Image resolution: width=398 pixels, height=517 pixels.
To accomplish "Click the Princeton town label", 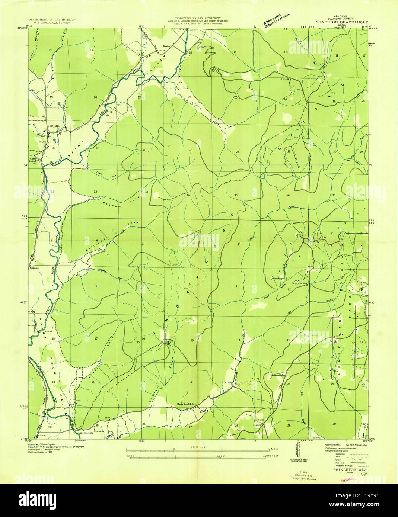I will pyautogui.click(x=53, y=126).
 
